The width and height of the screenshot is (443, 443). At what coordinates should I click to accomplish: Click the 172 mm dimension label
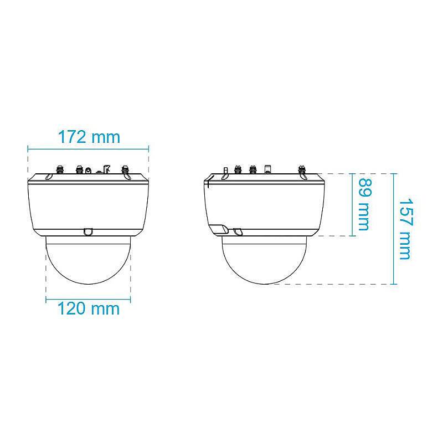89,136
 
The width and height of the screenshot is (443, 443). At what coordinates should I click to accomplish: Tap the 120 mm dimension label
89,309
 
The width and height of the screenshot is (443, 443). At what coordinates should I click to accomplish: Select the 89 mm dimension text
364,204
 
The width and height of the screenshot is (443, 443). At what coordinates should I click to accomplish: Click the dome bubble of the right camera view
265,260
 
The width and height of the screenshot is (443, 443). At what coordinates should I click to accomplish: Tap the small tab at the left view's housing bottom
88,231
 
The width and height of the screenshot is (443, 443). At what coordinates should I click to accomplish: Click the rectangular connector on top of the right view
267,168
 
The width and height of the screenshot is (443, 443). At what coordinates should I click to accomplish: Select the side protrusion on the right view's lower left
217,228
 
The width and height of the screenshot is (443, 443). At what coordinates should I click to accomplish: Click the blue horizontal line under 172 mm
89,148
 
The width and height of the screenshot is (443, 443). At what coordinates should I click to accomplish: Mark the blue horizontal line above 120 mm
89,300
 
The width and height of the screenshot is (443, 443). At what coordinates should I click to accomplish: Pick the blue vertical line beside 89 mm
353,204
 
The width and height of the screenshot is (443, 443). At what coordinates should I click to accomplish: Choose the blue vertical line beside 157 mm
394,229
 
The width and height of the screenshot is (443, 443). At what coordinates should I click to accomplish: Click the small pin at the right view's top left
225,169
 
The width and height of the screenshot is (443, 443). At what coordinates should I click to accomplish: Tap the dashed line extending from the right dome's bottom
332,284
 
